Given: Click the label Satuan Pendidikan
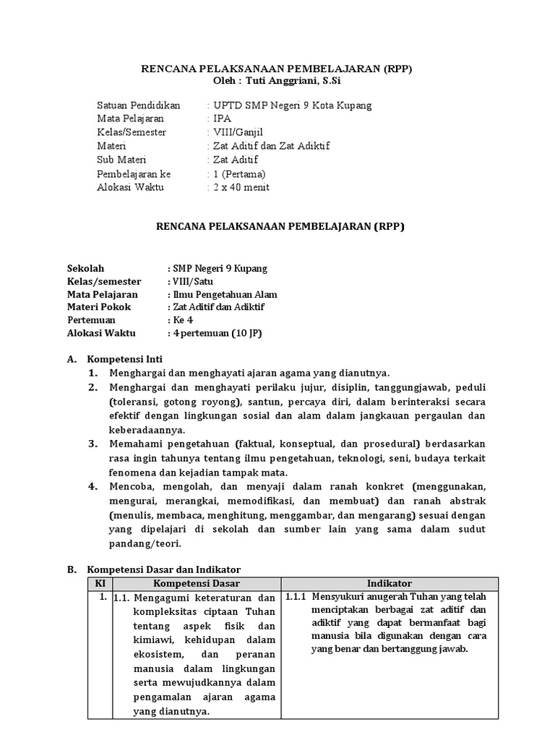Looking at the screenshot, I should coord(138,105).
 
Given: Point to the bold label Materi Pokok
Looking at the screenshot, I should coord(98,307).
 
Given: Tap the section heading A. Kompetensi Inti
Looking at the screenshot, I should coord(124,359).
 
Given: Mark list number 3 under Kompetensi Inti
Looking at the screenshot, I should coord(93,443).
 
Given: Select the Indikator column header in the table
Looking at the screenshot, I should coord(389,583).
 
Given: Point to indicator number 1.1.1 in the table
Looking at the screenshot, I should coord(296,597).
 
